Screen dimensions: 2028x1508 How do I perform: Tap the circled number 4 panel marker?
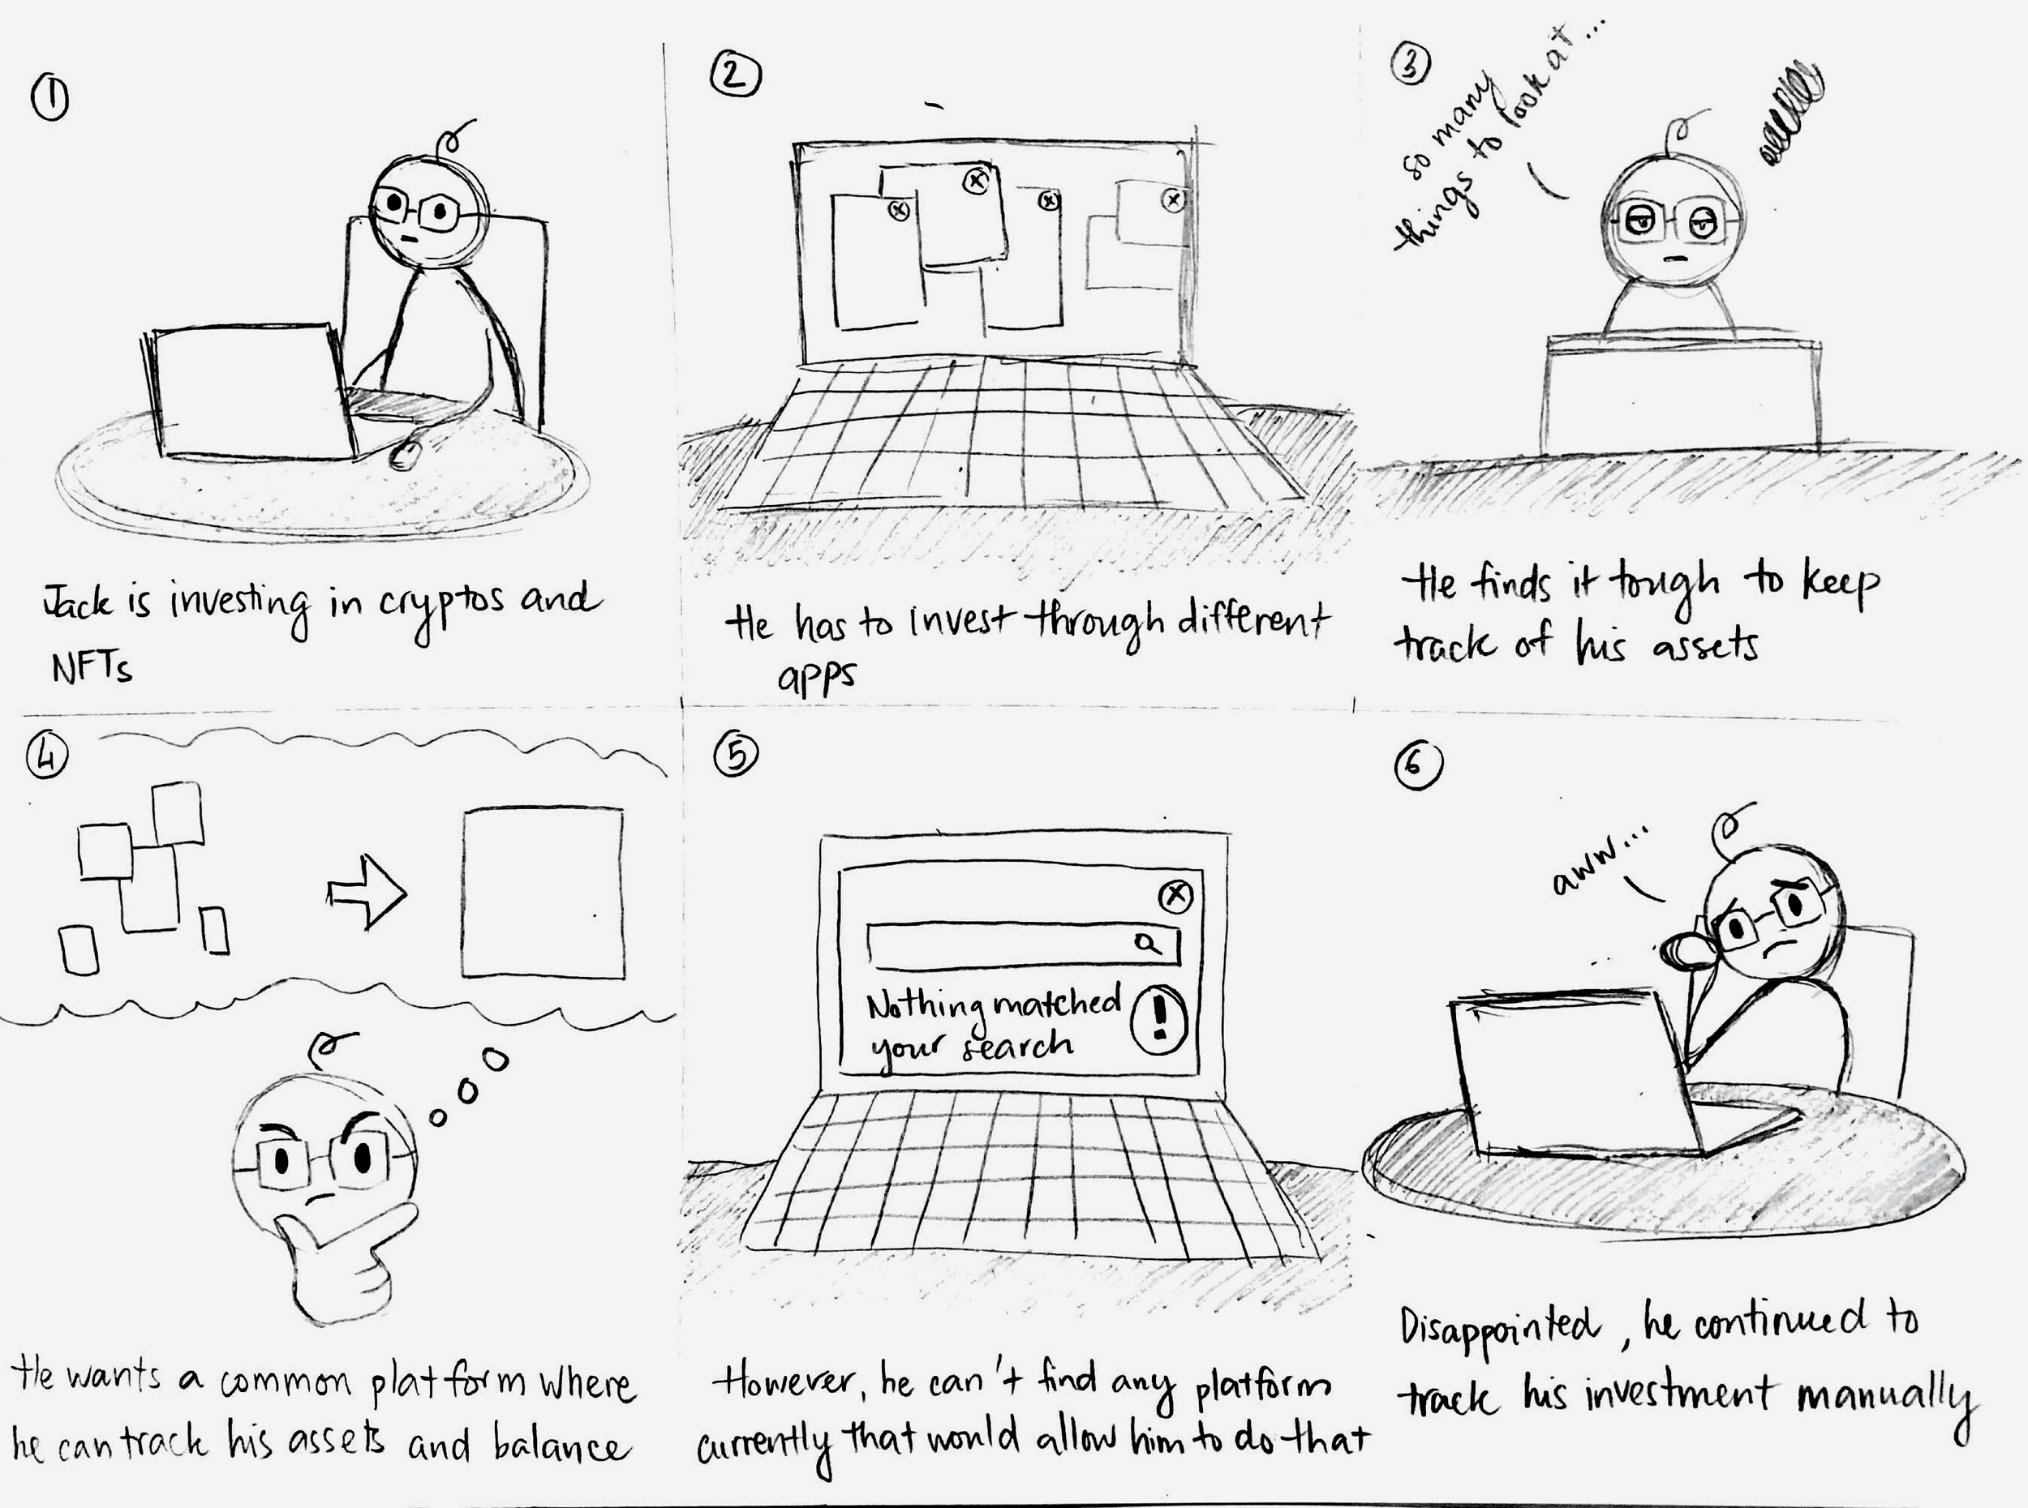tap(49, 756)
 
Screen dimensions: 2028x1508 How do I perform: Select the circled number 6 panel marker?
tap(1418, 767)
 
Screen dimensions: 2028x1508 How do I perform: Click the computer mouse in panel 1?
tap(406, 452)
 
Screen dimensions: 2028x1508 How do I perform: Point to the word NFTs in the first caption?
tap(92, 666)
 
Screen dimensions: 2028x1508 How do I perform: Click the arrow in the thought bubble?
tap(366, 892)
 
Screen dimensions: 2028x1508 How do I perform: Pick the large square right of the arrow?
tap(543, 892)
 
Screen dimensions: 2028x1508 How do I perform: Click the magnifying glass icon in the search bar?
tap(1149, 942)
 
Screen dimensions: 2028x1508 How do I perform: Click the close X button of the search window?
tap(1175, 897)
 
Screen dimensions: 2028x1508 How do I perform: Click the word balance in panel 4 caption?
tap(561, 1445)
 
